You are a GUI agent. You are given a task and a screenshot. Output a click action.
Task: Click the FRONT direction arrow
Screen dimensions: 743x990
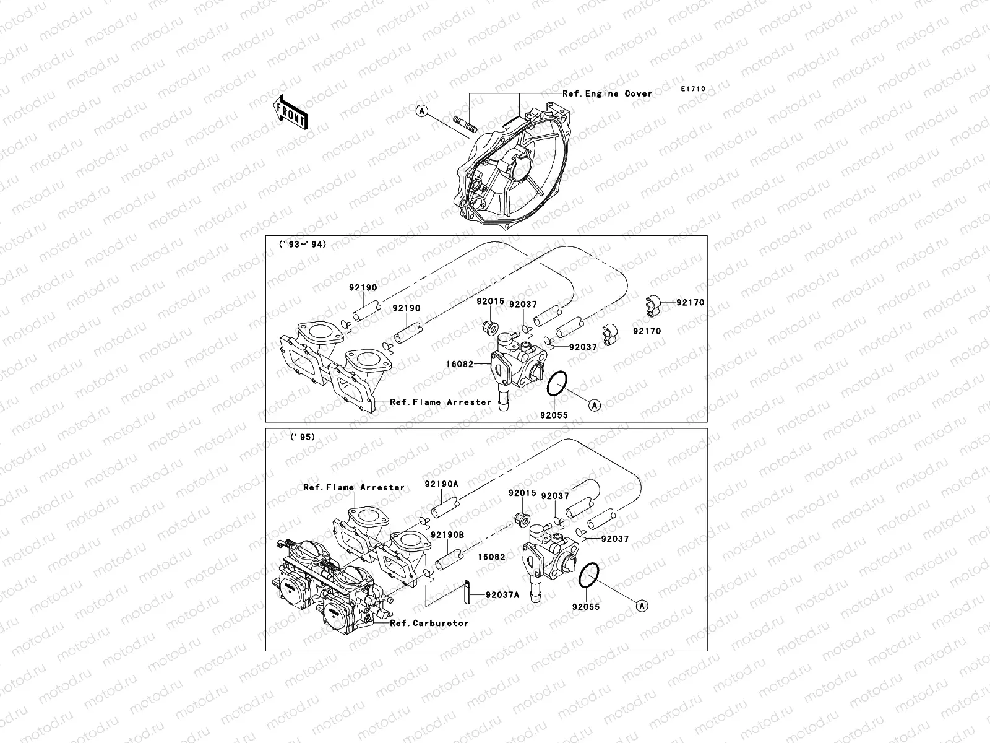click(x=290, y=111)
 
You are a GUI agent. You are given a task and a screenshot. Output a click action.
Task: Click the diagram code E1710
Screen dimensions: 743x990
click(x=693, y=89)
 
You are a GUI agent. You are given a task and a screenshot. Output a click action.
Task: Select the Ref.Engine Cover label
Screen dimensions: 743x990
click(x=607, y=94)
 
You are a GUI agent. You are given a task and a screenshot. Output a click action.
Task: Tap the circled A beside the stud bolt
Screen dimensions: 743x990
click(x=421, y=111)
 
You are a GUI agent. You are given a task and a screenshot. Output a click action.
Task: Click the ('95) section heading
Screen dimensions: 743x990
click(x=303, y=437)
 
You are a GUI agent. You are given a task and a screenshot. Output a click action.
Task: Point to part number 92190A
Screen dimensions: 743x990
click(x=441, y=484)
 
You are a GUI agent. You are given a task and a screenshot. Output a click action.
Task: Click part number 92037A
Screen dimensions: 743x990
click(x=502, y=594)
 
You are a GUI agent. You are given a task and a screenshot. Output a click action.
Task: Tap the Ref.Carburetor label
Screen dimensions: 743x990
click(x=429, y=623)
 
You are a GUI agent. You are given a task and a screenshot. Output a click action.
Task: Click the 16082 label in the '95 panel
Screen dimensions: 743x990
click(x=491, y=557)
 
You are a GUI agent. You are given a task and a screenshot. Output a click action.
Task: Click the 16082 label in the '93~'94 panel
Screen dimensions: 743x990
click(x=458, y=365)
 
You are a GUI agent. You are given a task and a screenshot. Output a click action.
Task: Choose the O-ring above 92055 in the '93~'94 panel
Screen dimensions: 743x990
click(x=557, y=386)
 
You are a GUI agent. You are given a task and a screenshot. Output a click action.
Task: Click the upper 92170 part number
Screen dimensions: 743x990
click(x=690, y=303)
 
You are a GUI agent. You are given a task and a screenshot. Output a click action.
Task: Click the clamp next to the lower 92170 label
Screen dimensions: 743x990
click(x=611, y=332)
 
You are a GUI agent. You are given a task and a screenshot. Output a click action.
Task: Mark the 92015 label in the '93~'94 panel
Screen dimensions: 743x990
click(x=490, y=302)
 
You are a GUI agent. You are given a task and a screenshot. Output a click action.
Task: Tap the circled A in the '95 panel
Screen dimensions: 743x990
click(x=642, y=605)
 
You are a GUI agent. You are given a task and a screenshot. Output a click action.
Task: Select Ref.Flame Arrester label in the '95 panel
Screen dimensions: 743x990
click(x=353, y=487)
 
